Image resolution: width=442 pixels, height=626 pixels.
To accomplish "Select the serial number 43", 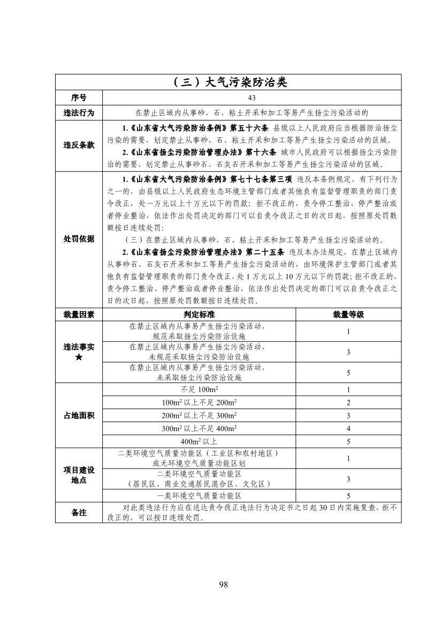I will (x=252, y=98).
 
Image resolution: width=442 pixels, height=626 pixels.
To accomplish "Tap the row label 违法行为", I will (x=79, y=112).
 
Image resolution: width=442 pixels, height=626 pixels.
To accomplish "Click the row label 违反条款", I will (x=79, y=146).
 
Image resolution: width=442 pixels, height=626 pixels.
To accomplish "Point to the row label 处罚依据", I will (x=79, y=239).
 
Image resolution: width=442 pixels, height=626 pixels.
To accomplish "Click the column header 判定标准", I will (x=199, y=314).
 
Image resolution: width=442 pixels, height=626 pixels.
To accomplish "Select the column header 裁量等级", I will (x=348, y=314).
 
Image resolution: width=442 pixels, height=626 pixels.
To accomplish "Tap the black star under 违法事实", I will (x=79, y=357).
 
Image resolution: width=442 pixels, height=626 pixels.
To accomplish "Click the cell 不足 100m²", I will (x=199, y=389).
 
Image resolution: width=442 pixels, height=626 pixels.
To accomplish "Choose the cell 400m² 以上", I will (x=199, y=442).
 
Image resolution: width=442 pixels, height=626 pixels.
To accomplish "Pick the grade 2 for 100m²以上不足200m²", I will (x=348, y=403).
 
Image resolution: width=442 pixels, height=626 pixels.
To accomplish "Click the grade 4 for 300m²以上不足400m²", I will (x=348, y=428).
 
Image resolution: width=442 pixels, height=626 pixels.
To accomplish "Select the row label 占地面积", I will (x=79, y=416).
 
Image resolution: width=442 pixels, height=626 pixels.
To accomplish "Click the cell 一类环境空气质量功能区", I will (x=199, y=496).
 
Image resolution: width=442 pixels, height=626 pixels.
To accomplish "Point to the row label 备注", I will (x=79, y=512).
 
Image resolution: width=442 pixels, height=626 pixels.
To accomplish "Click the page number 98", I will (x=224, y=584).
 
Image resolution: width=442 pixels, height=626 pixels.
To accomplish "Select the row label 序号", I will (x=79, y=98).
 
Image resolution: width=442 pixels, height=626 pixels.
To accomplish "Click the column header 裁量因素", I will (x=79, y=314).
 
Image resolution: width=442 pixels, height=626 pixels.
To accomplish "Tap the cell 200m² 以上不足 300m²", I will (x=199, y=416).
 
